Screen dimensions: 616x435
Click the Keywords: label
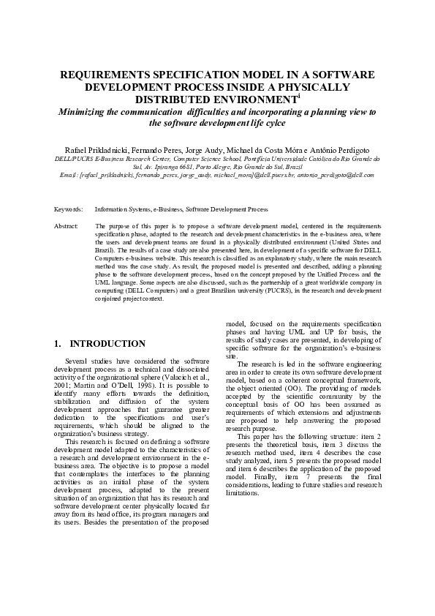pyautogui.click(x=69, y=209)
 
